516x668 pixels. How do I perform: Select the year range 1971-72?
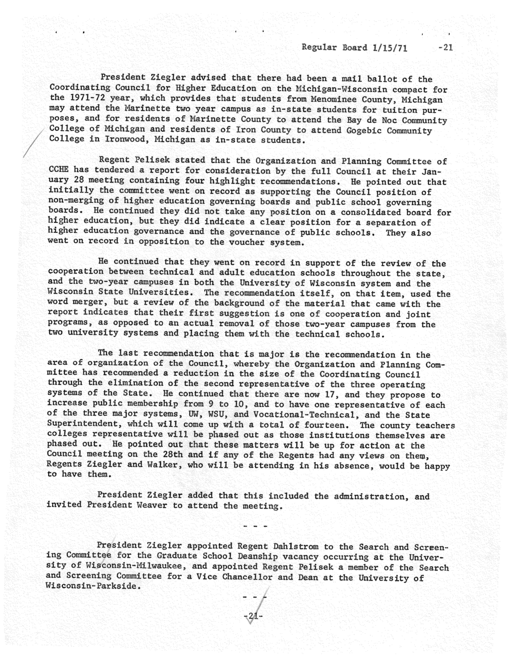tap(85, 98)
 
